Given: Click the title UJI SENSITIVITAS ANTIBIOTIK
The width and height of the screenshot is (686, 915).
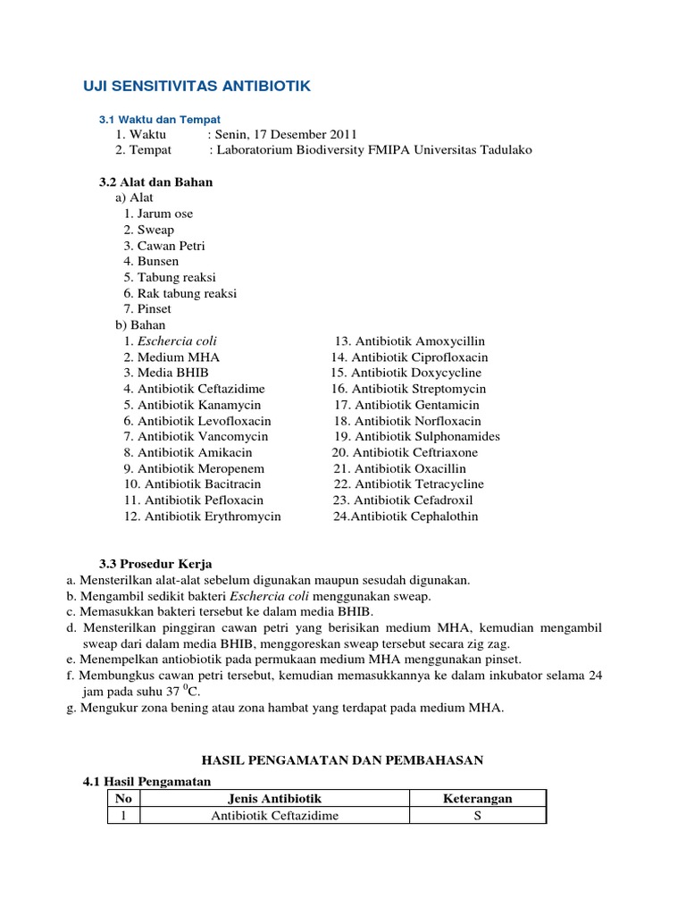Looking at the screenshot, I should (x=197, y=86).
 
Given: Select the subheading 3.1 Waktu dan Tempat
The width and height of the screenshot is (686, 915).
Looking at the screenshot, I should (x=159, y=119).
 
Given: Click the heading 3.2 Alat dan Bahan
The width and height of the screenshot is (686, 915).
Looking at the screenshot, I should (x=155, y=181).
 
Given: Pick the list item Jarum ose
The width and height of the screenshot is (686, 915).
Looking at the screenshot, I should (x=158, y=214).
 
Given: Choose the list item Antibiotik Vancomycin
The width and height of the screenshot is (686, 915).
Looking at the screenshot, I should (x=196, y=436).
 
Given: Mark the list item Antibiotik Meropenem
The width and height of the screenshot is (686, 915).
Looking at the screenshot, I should (x=194, y=468).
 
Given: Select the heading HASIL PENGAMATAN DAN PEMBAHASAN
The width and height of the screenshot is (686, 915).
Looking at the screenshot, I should (x=342, y=760).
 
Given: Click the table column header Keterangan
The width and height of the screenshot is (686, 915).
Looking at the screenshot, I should (x=477, y=798).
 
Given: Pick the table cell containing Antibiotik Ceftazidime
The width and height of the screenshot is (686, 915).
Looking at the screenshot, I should (x=274, y=815).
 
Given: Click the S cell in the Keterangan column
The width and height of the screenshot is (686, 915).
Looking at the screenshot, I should (x=477, y=815).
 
